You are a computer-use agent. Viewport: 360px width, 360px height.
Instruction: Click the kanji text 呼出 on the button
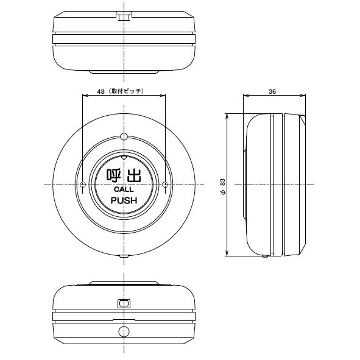point(124,175)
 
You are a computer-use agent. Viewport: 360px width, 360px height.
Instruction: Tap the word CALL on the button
point(124,190)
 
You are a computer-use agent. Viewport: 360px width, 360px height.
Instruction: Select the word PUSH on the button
point(124,200)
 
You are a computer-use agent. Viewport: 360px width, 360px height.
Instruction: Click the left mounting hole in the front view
point(83,185)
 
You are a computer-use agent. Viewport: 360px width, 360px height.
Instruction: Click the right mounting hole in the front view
point(165,185)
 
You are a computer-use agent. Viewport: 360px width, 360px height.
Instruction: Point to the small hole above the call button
point(124,136)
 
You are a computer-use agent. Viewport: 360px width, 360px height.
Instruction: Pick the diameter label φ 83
point(223,185)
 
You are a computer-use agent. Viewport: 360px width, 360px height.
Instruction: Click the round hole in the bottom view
point(124,332)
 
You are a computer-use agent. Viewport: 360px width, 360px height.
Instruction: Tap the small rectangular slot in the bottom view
point(124,302)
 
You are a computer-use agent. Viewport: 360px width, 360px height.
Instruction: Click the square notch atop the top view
point(124,16)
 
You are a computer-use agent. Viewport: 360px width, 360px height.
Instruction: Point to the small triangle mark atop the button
point(124,157)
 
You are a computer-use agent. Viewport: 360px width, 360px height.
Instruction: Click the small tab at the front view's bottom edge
point(124,256)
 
